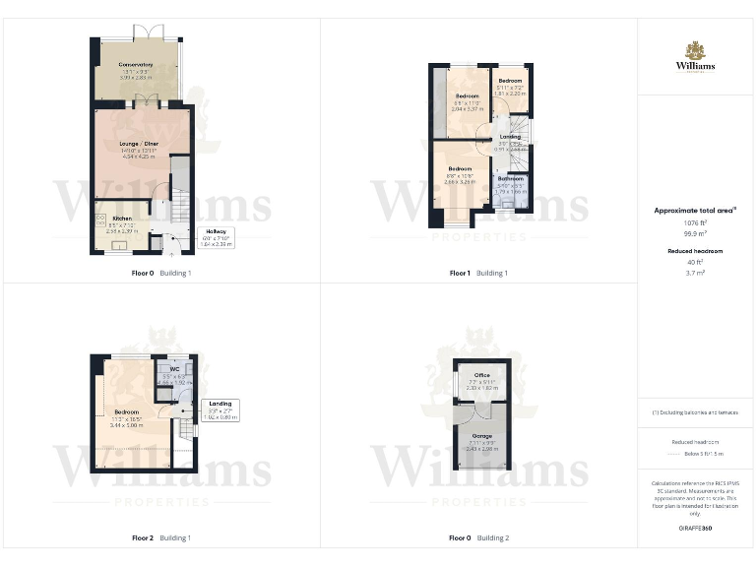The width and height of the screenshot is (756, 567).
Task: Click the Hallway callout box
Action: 216,238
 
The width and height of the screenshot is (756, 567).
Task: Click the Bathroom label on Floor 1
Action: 510,181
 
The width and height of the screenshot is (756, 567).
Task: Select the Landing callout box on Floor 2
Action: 220,409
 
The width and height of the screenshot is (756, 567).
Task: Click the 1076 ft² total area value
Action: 695,222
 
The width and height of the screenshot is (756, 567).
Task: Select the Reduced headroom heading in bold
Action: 695,251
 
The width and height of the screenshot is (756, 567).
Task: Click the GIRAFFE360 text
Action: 695,529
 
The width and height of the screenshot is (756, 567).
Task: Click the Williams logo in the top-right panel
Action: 695,57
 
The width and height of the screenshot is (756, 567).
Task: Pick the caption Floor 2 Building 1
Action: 161,538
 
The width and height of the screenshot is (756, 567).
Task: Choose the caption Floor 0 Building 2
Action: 478,538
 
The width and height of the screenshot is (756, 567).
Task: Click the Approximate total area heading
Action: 695,210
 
